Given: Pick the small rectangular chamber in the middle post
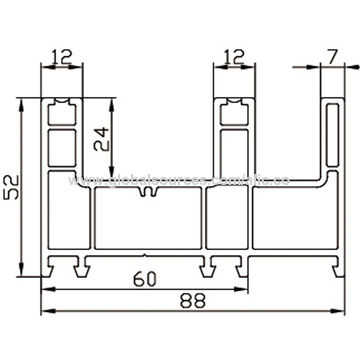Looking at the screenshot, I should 232,145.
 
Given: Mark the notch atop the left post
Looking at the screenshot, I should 61,102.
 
